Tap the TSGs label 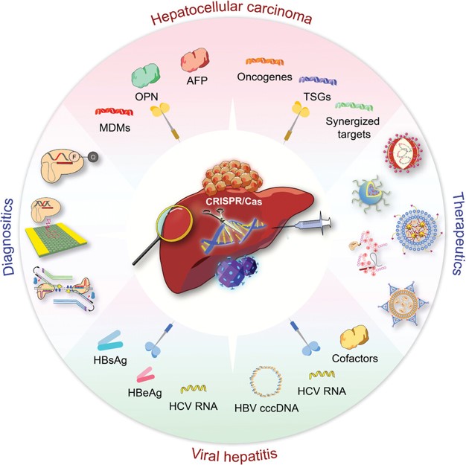tap(313, 96)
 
